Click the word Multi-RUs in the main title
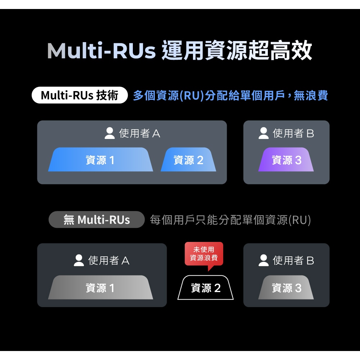click(101, 51)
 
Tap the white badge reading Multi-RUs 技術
click(80, 95)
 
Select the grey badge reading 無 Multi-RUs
click(96, 220)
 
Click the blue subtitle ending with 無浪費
click(230, 96)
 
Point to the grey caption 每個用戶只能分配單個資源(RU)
click(230, 220)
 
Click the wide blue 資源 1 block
click(100, 160)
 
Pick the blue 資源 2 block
click(188, 160)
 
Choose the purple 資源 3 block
click(286, 160)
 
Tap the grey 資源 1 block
click(100, 288)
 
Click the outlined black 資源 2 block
click(206, 288)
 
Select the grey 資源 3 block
click(286, 288)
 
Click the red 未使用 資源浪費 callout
click(204, 254)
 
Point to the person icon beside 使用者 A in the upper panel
click(109, 134)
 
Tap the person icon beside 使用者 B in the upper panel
click(264, 134)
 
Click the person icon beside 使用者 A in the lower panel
click(79, 260)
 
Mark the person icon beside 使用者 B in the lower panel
click(264, 260)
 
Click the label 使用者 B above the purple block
click(293, 134)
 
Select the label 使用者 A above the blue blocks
click(140, 134)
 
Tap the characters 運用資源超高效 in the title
click(237, 51)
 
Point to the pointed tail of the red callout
click(209, 269)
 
